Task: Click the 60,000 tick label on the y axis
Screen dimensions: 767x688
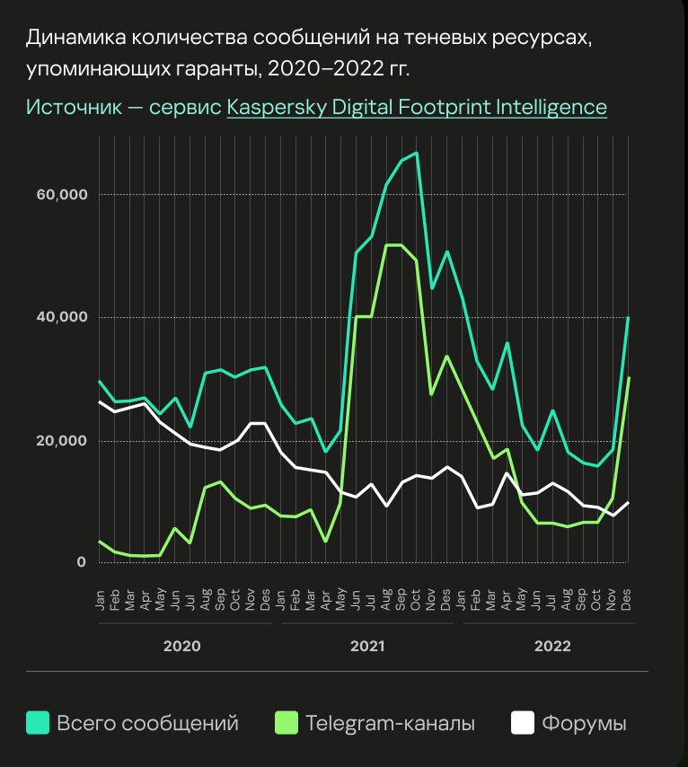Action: click(60, 195)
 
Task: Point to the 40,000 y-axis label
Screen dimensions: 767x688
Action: click(60, 317)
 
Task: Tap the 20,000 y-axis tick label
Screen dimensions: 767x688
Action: click(60, 440)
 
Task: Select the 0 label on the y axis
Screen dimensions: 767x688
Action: click(81, 562)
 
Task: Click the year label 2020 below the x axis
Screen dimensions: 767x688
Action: click(181, 646)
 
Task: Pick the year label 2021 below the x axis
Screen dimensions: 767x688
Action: click(367, 646)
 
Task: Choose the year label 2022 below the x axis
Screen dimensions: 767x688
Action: click(552, 646)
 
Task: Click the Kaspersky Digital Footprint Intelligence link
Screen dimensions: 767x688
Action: click(417, 107)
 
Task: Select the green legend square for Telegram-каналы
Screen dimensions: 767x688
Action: click(286, 722)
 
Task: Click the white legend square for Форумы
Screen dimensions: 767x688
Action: click(523, 722)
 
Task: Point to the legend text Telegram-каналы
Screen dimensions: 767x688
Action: click(390, 723)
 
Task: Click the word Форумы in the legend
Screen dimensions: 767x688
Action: click(584, 723)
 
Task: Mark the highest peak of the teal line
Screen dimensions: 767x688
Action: click(416, 154)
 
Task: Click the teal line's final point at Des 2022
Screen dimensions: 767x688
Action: click(628, 318)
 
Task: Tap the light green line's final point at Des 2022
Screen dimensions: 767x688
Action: click(628, 378)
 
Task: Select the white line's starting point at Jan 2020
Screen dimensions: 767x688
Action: click(99, 402)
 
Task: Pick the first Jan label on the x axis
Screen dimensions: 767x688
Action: click(100, 600)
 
